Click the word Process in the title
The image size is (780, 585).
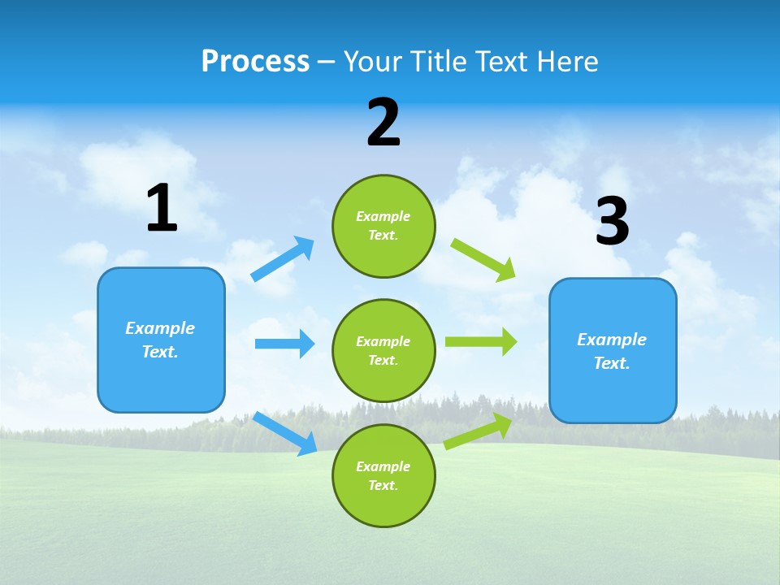coord(255,62)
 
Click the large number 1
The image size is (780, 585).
coord(162,209)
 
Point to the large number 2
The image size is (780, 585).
coord(383,123)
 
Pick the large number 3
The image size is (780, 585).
coord(612,222)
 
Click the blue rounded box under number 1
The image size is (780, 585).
coord(161,340)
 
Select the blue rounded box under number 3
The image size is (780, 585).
coord(613,351)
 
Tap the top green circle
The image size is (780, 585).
coord(383,226)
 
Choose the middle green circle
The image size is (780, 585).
coord(383,350)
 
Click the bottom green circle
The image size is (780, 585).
coord(383,475)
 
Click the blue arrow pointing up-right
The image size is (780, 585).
coord(283,259)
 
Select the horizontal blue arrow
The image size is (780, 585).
coord(284,344)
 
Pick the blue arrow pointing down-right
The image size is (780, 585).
coord(285,433)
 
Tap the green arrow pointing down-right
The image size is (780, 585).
coord(483,259)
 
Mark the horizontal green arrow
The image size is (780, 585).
coord(481,342)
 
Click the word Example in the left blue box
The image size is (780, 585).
coord(160,328)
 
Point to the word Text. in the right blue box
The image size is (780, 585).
coord(612,363)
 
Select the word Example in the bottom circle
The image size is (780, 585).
coord(383,466)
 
